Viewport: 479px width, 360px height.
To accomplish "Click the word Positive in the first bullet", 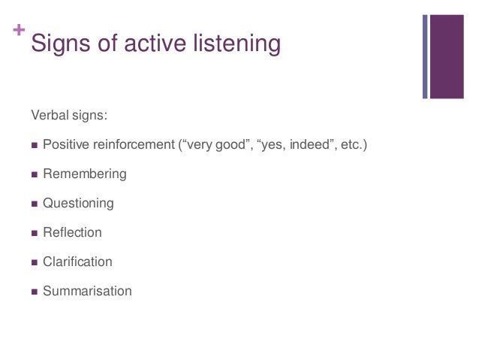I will (66, 144).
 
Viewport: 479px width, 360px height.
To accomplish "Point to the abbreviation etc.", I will (354, 144).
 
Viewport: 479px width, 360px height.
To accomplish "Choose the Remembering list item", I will (85, 174).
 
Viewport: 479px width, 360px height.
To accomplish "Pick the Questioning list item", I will (78, 203).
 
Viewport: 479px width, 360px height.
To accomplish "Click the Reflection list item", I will (72, 232).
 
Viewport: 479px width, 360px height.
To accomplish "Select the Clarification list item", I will (77, 262).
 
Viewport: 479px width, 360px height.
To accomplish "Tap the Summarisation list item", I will (87, 291).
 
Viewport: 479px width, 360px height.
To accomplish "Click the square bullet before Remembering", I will (34, 174).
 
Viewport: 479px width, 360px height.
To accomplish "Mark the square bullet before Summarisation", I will (34, 292).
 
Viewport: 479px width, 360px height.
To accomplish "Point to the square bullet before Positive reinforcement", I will (34, 145).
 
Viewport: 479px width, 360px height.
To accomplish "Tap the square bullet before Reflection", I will (34, 233).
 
